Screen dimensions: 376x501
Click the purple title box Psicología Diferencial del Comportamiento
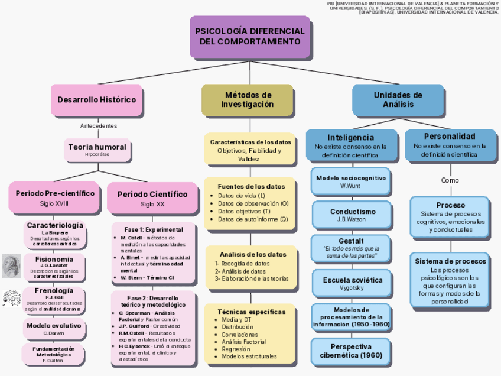coord(250,37)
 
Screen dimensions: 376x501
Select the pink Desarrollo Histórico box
coord(96,100)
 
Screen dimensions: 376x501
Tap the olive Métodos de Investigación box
coord(248,100)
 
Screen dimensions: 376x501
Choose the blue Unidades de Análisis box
coord(398,100)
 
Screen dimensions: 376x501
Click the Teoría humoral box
coord(97,150)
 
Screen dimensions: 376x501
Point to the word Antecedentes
coord(98,126)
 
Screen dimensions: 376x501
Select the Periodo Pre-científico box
coord(54,197)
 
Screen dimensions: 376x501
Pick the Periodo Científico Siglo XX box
coord(152,198)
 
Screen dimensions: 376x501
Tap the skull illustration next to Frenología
coord(11,298)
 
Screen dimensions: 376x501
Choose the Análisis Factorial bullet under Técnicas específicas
coord(243,342)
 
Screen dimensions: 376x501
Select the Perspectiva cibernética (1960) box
coord(351,351)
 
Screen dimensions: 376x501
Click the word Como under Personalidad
coord(450,180)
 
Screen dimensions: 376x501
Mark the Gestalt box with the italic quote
coord(351,249)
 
